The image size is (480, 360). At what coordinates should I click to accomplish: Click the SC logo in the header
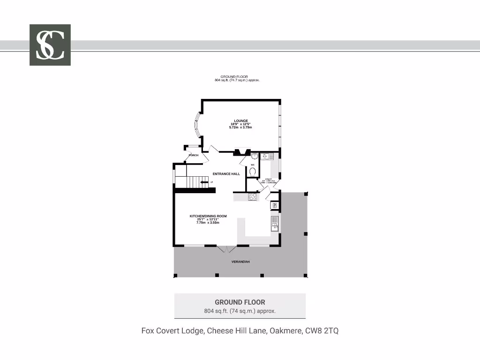(x=50, y=45)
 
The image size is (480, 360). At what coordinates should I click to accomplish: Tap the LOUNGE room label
(x=241, y=121)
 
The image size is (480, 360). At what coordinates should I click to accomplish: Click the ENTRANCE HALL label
(x=226, y=174)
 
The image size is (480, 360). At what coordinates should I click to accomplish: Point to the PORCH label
(x=193, y=155)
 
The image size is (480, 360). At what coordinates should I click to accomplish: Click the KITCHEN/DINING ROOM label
(x=208, y=216)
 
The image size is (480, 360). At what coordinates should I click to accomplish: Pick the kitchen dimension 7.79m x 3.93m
(x=208, y=223)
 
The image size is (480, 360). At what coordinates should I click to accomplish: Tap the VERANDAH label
(x=240, y=262)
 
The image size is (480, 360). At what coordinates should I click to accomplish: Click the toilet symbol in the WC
(x=253, y=172)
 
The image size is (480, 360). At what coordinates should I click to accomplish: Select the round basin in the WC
(x=255, y=157)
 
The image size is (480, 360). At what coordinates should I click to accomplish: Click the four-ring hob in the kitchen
(x=253, y=197)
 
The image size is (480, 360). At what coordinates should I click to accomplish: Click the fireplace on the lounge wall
(x=241, y=151)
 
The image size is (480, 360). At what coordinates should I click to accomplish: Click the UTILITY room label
(x=269, y=179)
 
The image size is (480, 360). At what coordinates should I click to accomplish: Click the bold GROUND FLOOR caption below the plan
(x=240, y=302)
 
